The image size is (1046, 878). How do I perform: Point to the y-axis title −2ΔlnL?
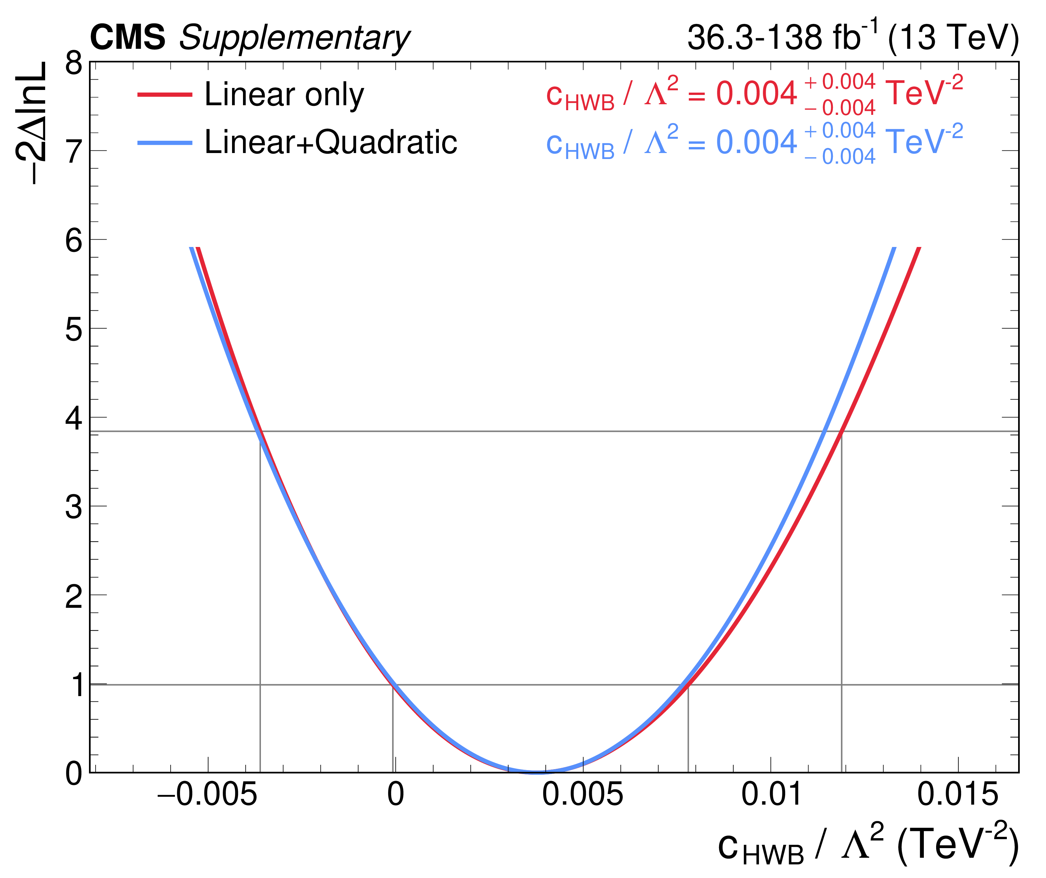(x=31, y=123)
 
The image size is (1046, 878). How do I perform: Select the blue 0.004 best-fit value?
(x=756, y=142)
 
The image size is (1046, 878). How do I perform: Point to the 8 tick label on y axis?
(x=74, y=64)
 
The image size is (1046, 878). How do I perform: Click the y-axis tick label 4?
(x=74, y=418)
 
